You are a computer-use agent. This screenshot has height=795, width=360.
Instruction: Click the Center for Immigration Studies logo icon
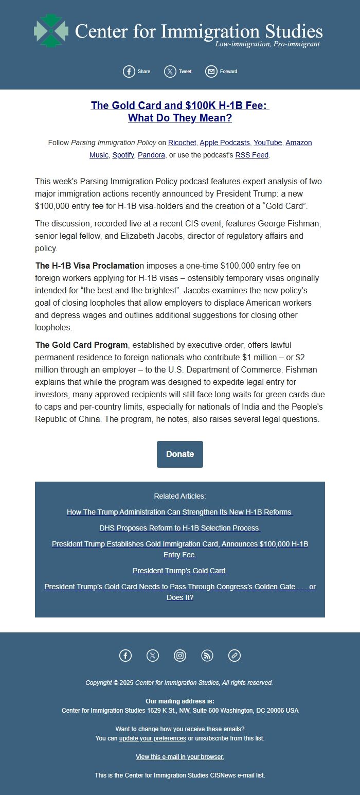click(x=51, y=30)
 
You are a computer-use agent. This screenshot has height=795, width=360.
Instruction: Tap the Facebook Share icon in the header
click(x=129, y=72)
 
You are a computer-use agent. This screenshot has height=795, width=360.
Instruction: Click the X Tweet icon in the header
click(x=170, y=72)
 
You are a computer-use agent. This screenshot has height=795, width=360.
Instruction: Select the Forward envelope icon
click(x=211, y=72)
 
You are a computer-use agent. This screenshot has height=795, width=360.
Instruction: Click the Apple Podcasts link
click(x=225, y=143)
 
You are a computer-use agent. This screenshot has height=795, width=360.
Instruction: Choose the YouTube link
click(x=267, y=143)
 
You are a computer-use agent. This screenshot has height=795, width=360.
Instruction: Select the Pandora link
click(x=151, y=154)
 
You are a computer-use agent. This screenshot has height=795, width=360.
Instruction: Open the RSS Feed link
click(x=252, y=154)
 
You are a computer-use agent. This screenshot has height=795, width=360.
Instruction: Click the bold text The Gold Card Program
click(x=81, y=345)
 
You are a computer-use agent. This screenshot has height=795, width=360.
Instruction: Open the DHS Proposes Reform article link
click(x=179, y=528)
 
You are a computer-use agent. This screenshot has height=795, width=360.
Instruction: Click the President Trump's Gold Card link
click(x=179, y=571)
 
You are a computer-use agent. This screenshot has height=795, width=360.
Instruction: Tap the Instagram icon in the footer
click(x=180, y=656)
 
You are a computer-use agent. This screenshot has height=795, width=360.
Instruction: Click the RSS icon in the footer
click(x=207, y=656)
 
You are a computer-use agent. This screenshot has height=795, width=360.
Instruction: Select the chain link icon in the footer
click(x=235, y=656)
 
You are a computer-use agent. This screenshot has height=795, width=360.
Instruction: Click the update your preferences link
click(x=153, y=738)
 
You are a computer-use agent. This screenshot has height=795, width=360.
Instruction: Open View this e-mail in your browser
click(x=179, y=757)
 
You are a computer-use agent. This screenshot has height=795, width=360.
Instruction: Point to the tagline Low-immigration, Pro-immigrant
click(x=267, y=44)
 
